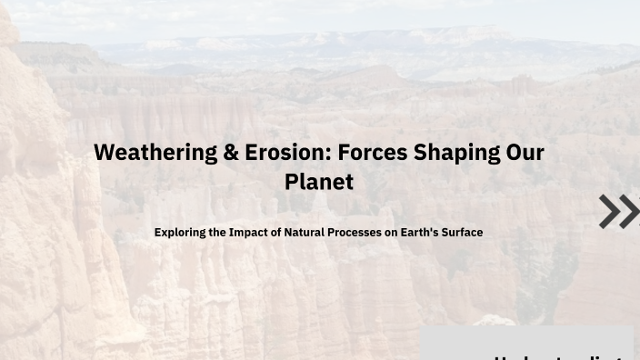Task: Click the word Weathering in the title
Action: tap(155, 153)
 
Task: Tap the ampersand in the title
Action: tap(232, 153)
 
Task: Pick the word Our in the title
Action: tap(525, 153)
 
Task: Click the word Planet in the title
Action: tap(318, 181)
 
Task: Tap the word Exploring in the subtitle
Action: tap(180, 233)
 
